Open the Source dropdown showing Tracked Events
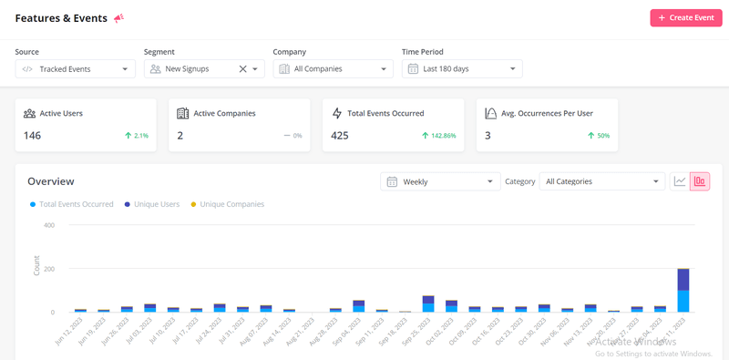[x=76, y=68]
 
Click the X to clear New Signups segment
[x=242, y=68]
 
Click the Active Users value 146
[x=33, y=136]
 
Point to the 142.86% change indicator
[x=438, y=136]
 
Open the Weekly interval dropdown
[x=440, y=181]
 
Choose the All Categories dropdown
[x=602, y=181]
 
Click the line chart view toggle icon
[x=680, y=181]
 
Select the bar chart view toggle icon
[x=700, y=181]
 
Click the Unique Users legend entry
[x=156, y=204]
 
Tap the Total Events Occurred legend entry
[x=75, y=204]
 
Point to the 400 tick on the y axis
[x=48, y=225]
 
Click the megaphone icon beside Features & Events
[x=118, y=18]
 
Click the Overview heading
[x=51, y=181]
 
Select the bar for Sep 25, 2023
[x=428, y=303]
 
